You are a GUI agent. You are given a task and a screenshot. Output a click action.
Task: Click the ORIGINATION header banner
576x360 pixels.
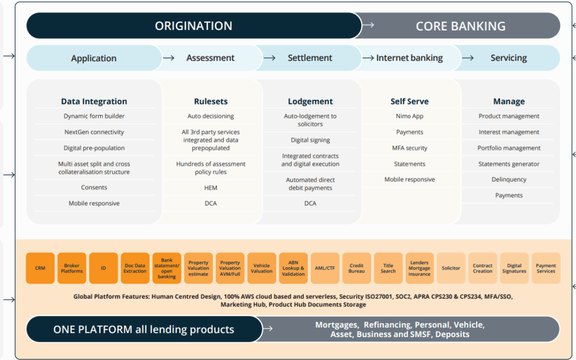coord(194,26)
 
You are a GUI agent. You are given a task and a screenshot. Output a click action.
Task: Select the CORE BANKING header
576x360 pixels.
coord(460,26)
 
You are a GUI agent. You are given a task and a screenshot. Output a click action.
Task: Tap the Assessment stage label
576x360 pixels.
coord(210,58)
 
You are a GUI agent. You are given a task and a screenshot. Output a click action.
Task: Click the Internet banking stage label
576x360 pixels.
coord(409,58)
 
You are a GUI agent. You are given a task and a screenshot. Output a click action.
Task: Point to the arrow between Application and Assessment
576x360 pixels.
coord(169,58)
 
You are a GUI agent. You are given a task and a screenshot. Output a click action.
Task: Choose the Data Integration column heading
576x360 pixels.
coord(94,101)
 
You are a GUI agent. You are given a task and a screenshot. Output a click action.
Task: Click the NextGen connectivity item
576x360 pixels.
coord(94,132)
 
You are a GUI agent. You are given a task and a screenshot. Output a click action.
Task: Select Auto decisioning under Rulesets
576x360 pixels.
coord(211,116)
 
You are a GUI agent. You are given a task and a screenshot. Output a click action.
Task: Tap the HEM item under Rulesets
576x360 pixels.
coord(211,188)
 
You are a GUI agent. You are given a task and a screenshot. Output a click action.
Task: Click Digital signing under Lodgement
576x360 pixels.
coord(310,140)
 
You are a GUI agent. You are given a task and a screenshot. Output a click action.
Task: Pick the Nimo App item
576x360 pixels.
coord(410,116)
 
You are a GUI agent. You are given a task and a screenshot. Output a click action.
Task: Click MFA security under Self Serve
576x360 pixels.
coord(410,148)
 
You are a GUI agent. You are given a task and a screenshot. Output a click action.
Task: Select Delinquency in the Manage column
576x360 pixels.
coord(509,180)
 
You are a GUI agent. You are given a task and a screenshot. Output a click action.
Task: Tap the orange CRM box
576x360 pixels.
coord(40,268)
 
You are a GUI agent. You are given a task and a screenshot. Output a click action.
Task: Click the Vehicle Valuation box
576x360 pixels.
coord(261,268)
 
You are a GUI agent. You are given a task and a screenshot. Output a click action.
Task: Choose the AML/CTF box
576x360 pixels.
coord(325,268)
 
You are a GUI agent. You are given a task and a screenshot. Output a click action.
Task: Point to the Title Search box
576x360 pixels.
coord(388,268)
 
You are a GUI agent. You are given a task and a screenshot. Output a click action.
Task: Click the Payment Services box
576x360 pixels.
coord(546,268)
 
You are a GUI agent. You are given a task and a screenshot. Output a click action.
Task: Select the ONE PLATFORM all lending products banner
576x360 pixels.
coord(143,330)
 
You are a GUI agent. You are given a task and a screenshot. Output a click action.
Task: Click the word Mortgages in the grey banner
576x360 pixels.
coord(336,325)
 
